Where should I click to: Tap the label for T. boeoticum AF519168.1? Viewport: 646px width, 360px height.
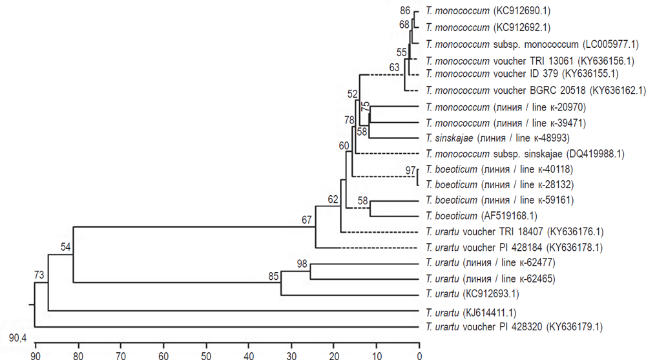point(477,216)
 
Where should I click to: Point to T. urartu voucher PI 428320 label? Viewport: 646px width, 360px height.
point(514,328)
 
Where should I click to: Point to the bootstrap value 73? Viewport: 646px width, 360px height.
point(40,276)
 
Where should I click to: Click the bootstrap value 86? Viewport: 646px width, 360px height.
point(405,11)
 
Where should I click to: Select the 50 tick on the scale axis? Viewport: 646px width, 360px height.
point(206,354)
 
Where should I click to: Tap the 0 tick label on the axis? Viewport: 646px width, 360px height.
point(419,354)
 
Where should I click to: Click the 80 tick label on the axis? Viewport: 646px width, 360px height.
point(78,354)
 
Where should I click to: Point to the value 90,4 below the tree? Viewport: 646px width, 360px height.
point(17,339)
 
